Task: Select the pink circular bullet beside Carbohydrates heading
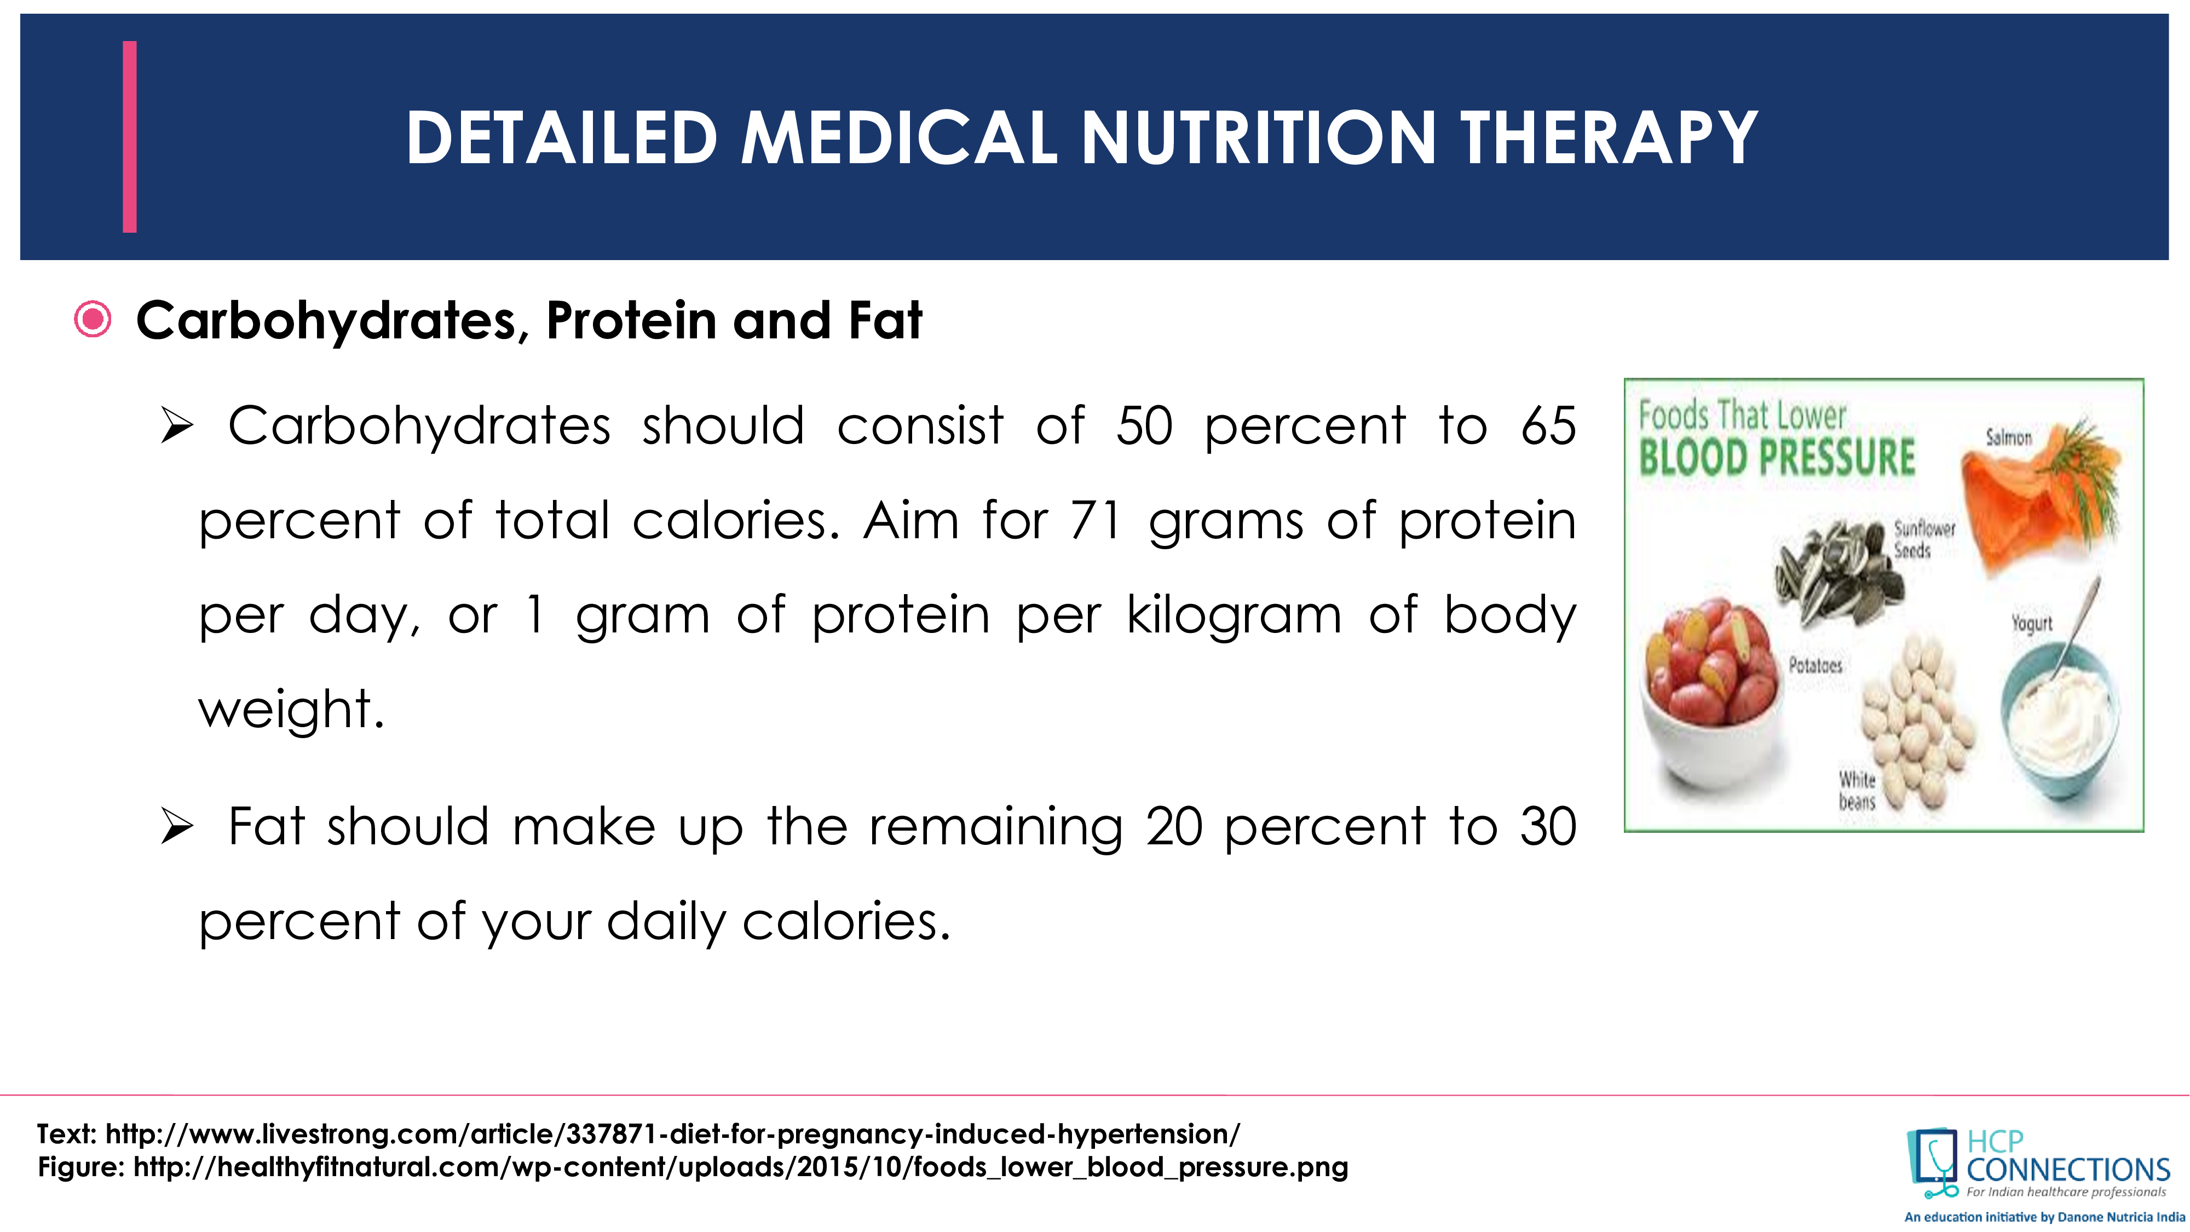[93, 320]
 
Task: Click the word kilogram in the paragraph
[1234, 615]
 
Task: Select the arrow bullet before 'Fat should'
[177, 827]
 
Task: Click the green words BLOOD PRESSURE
[1777, 457]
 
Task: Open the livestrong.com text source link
[672, 1134]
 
